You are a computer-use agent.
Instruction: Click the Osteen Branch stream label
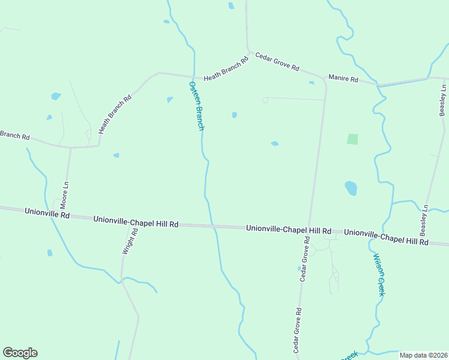click(x=197, y=106)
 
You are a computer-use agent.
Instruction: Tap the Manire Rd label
click(x=343, y=79)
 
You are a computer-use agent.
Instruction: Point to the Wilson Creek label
click(x=378, y=274)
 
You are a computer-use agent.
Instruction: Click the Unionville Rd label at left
click(x=47, y=213)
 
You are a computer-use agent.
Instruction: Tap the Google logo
click(x=20, y=353)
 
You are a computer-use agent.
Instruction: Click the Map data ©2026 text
click(x=424, y=355)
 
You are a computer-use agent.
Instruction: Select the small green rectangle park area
click(x=352, y=139)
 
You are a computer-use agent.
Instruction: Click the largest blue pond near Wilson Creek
click(x=351, y=188)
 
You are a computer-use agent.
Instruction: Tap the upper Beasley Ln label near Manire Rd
click(x=443, y=100)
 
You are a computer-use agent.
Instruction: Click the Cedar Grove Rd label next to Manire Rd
click(x=277, y=62)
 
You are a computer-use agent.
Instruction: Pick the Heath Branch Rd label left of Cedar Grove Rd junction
click(x=226, y=70)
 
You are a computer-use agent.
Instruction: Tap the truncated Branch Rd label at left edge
click(x=14, y=136)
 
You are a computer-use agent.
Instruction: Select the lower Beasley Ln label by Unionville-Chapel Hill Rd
click(x=424, y=220)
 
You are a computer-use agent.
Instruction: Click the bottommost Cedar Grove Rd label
click(x=297, y=330)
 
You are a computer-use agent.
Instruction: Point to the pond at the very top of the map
click(x=231, y=6)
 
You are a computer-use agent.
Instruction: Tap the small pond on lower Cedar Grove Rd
click(x=299, y=269)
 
